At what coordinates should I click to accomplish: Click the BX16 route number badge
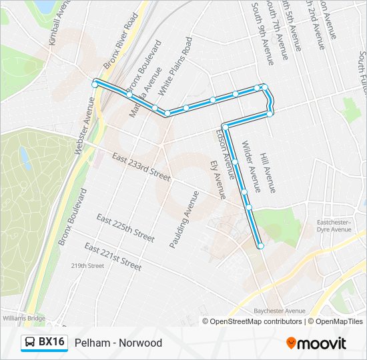click(x=51, y=343)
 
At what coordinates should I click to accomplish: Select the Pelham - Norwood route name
click(x=118, y=343)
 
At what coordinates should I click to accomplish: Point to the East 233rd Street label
click(x=141, y=167)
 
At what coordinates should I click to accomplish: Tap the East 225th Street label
click(x=125, y=228)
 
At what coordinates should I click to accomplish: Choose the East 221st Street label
click(x=113, y=257)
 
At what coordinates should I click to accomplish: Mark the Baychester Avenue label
click(x=280, y=311)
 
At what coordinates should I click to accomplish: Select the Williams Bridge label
click(x=23, y=318)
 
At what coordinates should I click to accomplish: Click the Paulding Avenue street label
click(x=184, y=220)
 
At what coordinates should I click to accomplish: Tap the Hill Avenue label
click(x=268, y=172)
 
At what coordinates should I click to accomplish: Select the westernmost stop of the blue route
click(x=95, y=84)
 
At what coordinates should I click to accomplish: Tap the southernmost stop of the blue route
click(x=260, y=247)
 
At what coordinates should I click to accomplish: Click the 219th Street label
click(x=87, y=265)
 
